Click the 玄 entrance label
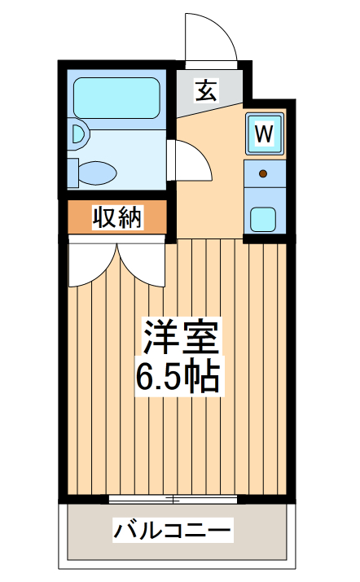pyautogui.click(x=206, y=90)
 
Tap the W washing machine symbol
pyautogui.click(x=264, y=133)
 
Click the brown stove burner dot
pyautogui.click(x=263, y=173)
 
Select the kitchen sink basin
pyautogui.click(x=263, y=218)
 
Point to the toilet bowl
pyautogui.click(x=98, y=173)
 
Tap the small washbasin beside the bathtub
pyautogui.click(x=78, y=133)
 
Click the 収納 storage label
pyautogui.click(x=118, y=217)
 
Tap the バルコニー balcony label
pyautogui.click(x=173, y=532)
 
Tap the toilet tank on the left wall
pyautogui.click(x=72, y=173)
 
